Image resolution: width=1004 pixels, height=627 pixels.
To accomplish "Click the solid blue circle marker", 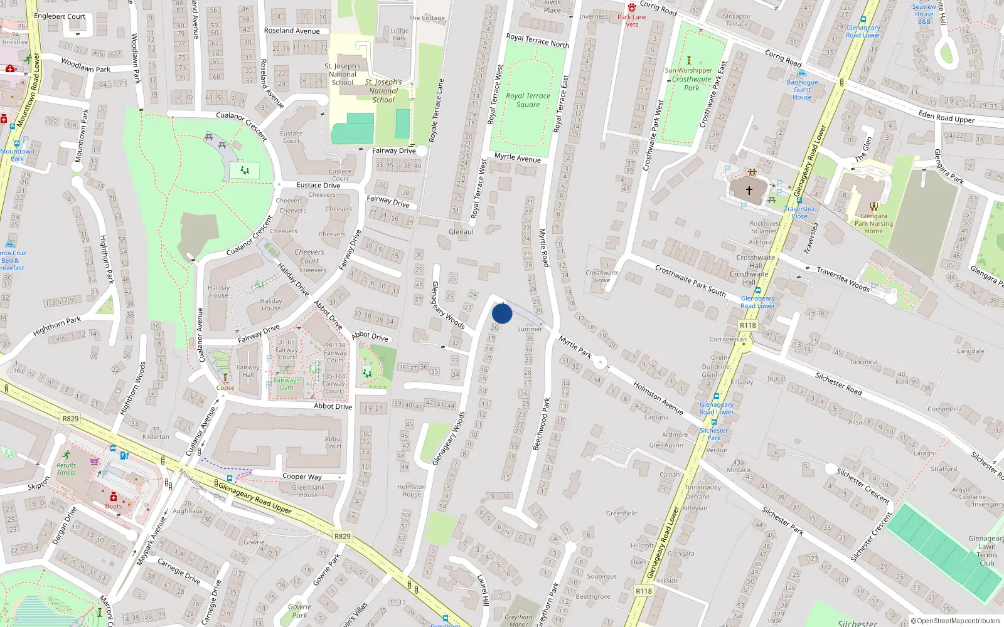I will tap(502, 313).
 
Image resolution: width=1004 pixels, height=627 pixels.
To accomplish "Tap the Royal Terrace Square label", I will tap(528, 100).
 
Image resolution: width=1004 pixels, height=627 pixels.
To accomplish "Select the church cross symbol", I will tap(749, 190).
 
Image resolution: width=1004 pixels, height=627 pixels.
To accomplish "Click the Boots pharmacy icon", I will tap(114, 497).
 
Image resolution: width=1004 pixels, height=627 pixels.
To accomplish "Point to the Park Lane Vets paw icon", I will tap(631, 8).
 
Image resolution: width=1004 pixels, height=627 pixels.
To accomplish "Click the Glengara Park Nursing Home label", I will tap(873, 223).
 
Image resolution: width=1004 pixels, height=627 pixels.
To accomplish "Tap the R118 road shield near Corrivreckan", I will tap(747, 325).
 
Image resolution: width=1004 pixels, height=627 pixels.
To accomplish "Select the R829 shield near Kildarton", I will tap(70, 419).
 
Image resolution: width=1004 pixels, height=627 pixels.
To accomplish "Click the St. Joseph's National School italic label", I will tap(383, 91).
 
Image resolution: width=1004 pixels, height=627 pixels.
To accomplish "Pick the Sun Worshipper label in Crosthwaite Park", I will tap(688, 70).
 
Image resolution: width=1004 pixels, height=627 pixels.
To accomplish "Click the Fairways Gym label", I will tap(286, 384).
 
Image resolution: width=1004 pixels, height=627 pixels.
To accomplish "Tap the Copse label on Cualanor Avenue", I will tap(225, 388).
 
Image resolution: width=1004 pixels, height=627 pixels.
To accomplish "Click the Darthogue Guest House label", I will tap(802, 90).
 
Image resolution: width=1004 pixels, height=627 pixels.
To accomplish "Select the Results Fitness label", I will tap(66, 469).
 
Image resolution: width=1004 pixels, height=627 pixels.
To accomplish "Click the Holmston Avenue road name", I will tap(658, 398).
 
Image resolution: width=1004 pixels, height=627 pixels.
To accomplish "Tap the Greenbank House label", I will tap(308, 491).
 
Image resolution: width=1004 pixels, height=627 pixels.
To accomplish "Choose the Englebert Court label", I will tap(60, 16).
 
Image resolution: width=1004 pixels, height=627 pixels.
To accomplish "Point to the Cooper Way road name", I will tap(302, 477).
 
